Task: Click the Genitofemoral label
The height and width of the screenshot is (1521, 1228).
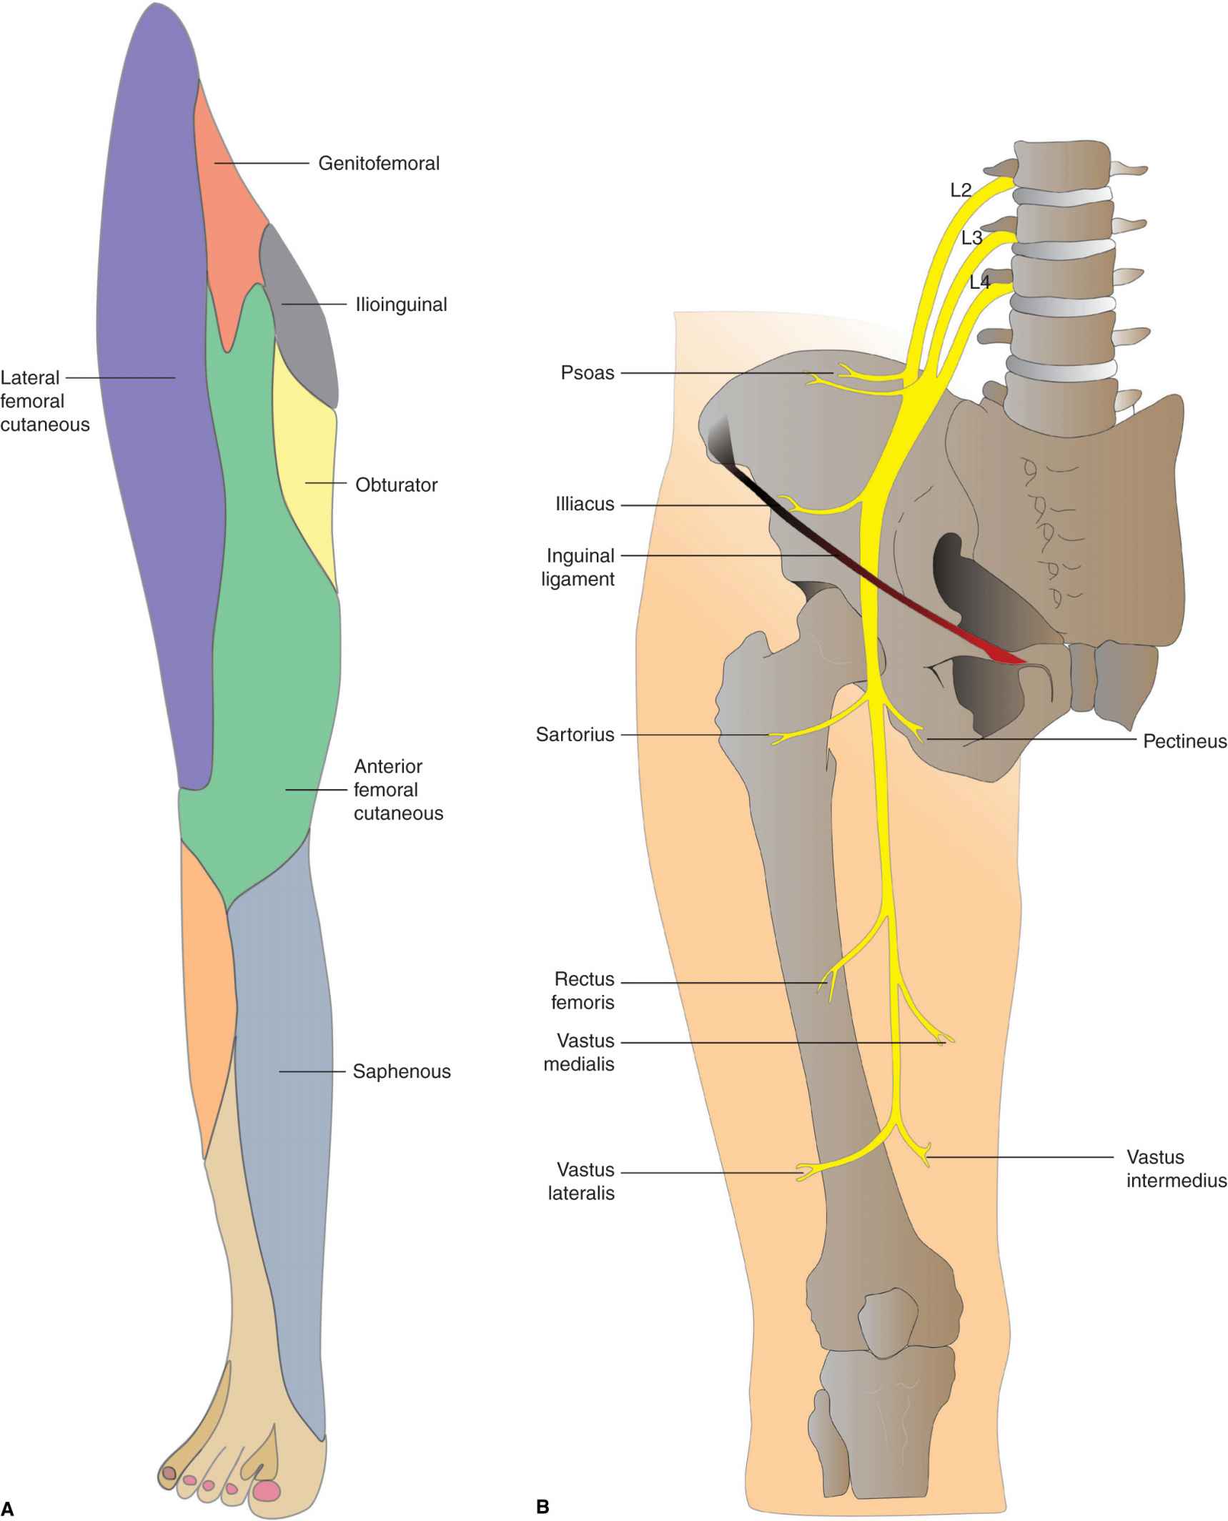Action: coord(378,164)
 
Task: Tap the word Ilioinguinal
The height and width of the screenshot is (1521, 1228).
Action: coord(401,304)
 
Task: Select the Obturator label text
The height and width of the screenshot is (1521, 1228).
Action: coord(396,485)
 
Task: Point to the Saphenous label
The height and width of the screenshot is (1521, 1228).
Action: coord(401,1071)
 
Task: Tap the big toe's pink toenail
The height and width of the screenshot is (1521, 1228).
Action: coord(267,1490)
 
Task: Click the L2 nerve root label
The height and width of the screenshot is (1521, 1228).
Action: coord(961,190)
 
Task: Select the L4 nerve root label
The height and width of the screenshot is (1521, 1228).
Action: coord(979,282)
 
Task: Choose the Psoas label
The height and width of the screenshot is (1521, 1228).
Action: coord(587,373)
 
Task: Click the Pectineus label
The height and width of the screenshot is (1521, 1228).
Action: coord(1184,741)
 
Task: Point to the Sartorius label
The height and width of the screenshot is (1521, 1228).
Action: coord(575,735)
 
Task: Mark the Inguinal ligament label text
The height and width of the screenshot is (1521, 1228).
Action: coord(579,568)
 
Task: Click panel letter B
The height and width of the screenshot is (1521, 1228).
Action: coord(543,1507)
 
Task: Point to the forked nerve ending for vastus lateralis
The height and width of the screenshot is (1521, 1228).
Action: coord(806,1172)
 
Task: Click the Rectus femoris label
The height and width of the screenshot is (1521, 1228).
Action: coord(583,991)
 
